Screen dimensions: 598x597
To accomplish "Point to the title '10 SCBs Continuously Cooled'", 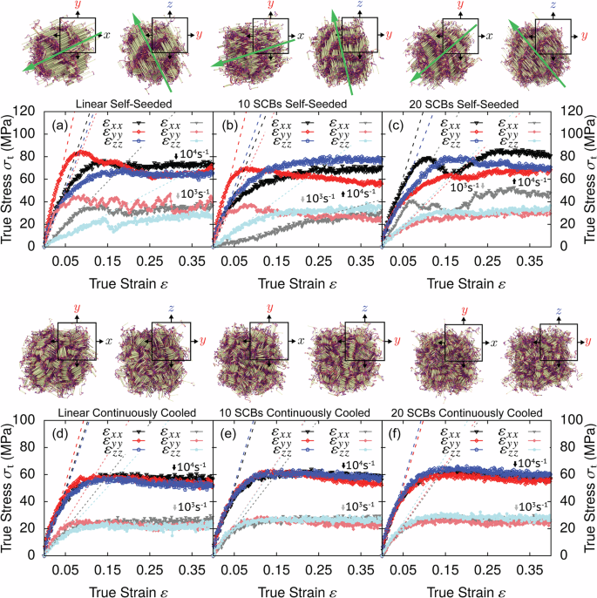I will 295,411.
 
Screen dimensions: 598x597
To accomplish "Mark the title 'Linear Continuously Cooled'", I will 126,411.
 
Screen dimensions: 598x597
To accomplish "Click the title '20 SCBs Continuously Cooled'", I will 464,411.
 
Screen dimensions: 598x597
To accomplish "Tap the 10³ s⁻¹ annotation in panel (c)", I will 464,187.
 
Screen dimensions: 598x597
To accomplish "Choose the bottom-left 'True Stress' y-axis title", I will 9,487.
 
